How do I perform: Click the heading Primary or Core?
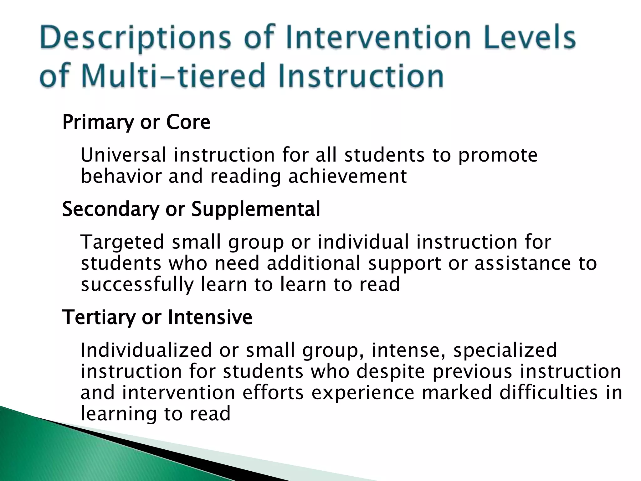[136, 122]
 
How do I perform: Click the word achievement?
[347, 176]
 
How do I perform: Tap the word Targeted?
[122, 242]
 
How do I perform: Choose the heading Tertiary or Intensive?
[157, 317]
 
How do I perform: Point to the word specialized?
[505, 350]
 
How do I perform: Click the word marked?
[457, 392]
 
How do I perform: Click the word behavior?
[121, 176]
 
